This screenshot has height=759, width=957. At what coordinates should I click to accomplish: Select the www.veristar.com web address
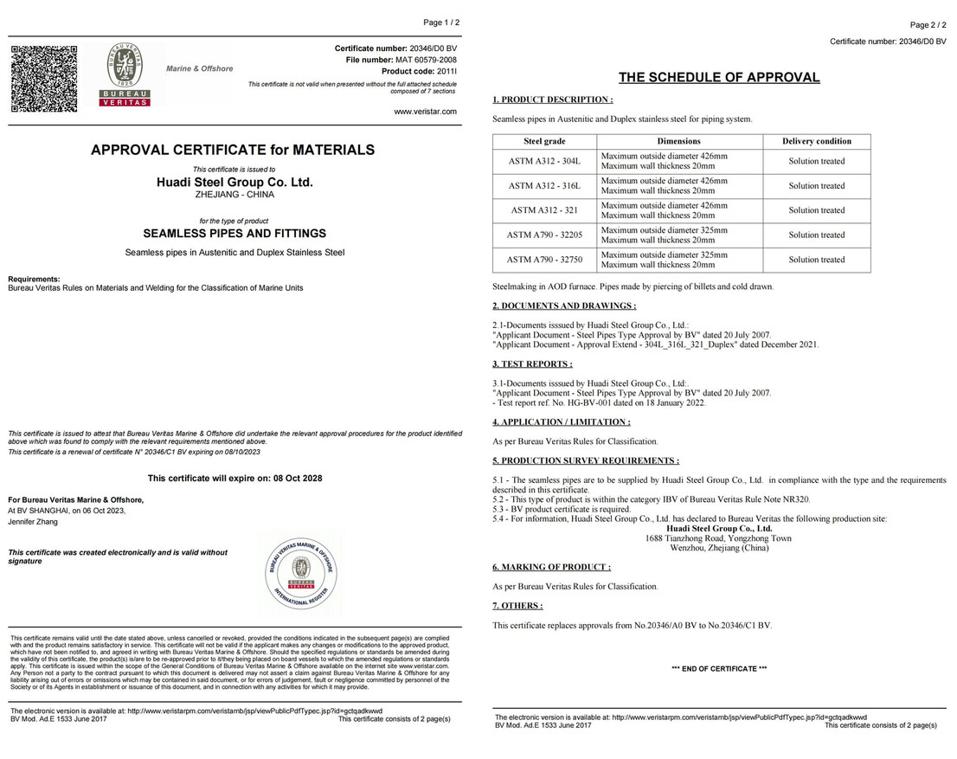click(425, 111)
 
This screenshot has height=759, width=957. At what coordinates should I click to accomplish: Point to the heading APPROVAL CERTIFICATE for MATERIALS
click(233, 150)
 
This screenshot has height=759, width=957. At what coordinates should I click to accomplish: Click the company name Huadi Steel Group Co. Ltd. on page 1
click(234, 183)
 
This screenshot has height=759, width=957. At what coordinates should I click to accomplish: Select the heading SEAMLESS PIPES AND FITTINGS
click(234, 234)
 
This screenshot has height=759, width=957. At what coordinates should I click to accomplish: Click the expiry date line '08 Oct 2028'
click(234, 478)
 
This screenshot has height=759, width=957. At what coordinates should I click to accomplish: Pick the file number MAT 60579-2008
click(427, 59)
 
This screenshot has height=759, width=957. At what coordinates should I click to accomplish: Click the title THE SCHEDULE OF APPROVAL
click(719, 77)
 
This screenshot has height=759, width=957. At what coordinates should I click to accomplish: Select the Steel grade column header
click(544, 141)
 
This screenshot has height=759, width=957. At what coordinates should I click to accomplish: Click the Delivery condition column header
click(816, 141)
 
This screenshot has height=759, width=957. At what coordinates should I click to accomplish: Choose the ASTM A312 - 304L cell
click(544, 161)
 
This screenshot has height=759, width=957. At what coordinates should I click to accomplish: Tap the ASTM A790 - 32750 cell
click(544, 260)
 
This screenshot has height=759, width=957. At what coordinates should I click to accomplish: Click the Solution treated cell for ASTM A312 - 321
click(816, 210)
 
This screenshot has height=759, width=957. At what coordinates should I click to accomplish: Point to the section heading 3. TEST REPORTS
click(532, 364)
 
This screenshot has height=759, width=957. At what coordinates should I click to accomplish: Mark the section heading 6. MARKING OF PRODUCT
click(551, 567)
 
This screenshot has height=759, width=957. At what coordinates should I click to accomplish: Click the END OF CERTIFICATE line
click(719, 669)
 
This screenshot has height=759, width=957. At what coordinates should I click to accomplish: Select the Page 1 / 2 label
click(441, 22)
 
